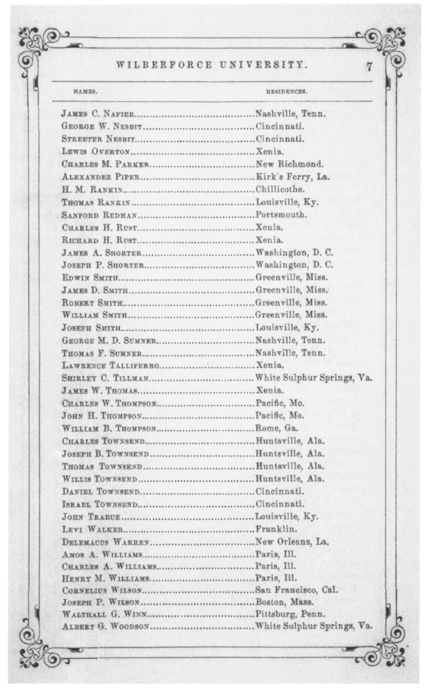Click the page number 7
(x=369, y=67)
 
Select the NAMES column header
(x=85, y=92)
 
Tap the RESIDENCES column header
(x=286, y=92)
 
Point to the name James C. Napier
(x=98, y=114)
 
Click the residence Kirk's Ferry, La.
(x=292, y=177)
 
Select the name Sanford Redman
(x=99, y=215)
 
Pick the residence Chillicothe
(x=280, y=190)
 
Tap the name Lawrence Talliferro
(x=111, y=365)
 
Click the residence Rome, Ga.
(x=276, y=428)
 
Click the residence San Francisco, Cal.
(x=296, y=590)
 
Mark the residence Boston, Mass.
(x=284, y=603)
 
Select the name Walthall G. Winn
(x=104, y=615)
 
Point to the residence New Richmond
(x=289, y=165)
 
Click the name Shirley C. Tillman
(x=105, y=378)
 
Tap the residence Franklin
(x=276, y=529)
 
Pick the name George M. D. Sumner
(x=109, y=341)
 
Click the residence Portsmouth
(x=281, y=215)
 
